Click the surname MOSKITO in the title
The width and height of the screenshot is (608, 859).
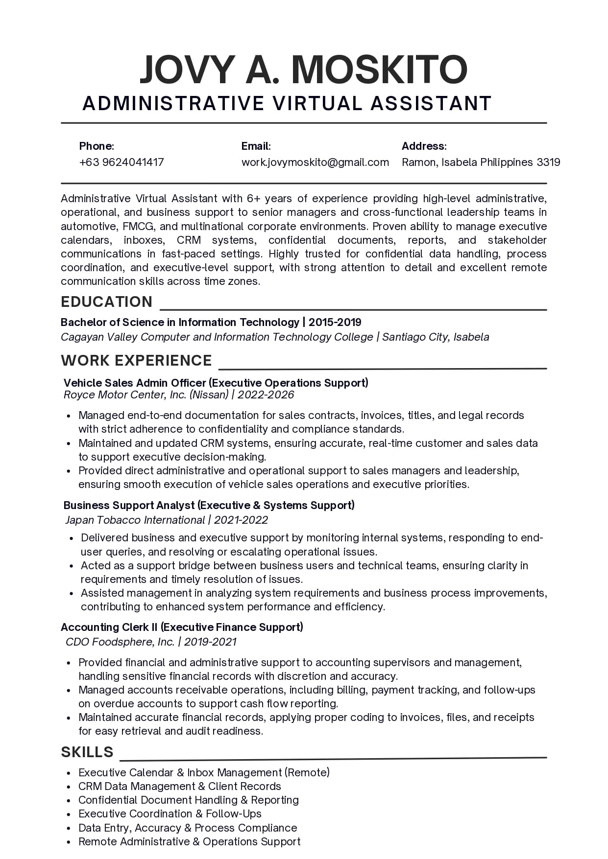[x=380, y=70]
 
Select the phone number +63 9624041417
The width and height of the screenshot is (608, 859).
[x=122, y=162]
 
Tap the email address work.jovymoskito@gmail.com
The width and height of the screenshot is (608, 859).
[x=315, y=162]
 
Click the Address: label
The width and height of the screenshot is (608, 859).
[x=424, y=146]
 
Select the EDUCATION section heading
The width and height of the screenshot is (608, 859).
[x=106, y=302]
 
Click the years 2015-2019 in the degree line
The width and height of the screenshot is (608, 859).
[x=335, y=322]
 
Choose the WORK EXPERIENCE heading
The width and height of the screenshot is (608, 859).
[x=136, y=360]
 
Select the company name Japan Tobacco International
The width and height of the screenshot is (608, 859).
[x=135, y=520]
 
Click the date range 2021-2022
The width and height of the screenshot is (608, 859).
[x=241, y=520]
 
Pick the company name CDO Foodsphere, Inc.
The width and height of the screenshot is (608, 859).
[x=120, y=642]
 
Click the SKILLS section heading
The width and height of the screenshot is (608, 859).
[x=87, y=752]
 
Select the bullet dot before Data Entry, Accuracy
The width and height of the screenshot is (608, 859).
[x=68, y=829]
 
